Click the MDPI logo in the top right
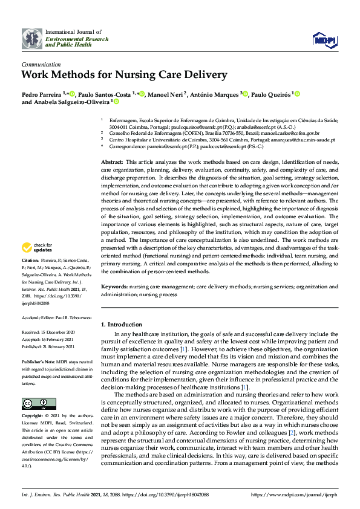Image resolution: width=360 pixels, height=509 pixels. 324,40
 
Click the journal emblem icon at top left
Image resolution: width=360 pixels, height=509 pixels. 33,38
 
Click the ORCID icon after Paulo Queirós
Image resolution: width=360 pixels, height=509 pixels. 297,94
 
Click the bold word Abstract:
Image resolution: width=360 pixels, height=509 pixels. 112,163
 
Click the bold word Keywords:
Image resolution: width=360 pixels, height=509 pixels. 114,286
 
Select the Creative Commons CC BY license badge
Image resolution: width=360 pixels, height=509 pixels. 39,403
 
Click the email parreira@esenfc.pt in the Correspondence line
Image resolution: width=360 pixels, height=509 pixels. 160,146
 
